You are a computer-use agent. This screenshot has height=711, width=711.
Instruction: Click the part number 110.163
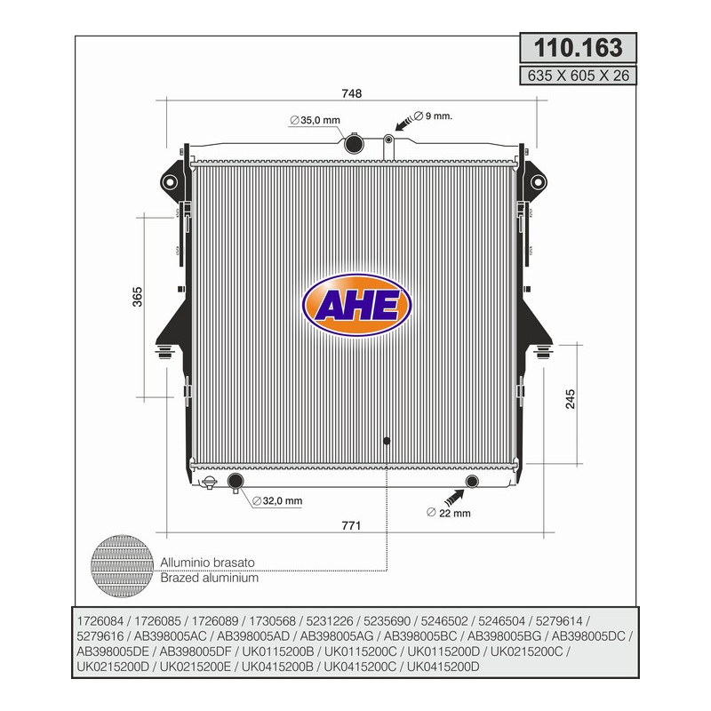point(579,48)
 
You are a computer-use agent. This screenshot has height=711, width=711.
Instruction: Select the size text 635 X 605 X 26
point(579,76)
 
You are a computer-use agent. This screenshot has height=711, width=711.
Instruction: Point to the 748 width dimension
point(351,93)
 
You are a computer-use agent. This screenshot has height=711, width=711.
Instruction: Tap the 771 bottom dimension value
point(351,525)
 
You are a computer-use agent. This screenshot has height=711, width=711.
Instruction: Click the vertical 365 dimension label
point(138,297)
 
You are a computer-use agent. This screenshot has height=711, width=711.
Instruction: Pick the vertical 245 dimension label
point(571,399)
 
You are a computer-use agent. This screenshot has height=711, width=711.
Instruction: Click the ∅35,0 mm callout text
point(315,120)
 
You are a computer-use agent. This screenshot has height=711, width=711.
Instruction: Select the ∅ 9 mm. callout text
point(433,116)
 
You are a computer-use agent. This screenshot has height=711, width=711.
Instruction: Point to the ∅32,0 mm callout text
point(277,501)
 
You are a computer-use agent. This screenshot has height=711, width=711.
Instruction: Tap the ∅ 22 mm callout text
point(449,513)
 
